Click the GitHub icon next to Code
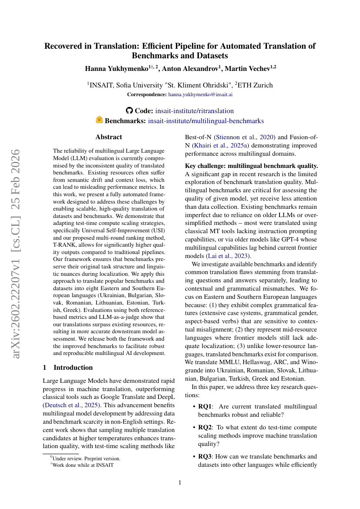(x=130, y=111)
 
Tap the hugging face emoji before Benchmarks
(x=99, y=121)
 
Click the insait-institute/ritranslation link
(x=194, y=111)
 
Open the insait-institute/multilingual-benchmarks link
(x=205, y=121)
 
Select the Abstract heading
(x=108, y=137)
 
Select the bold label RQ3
(x=206, y=457)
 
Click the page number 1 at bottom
(x=180, y=482)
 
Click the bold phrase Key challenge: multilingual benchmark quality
(x=252, y=166)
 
